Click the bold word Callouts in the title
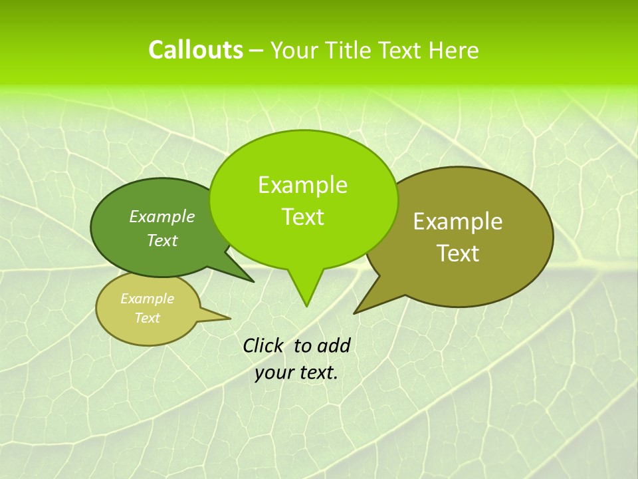[195, 50]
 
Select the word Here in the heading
[453, 50]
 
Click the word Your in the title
[294, 50]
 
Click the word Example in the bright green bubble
[302, 185]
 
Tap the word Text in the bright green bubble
[302, 217]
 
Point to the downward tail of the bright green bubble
[306, 293]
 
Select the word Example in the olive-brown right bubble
[458, 222]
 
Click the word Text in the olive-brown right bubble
[458, 253]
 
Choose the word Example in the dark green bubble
[162, 216]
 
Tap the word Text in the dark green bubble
[162, 240]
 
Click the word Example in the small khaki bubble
[147, 299]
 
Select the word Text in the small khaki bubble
[147, 318]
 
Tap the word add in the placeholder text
[333, 345]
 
